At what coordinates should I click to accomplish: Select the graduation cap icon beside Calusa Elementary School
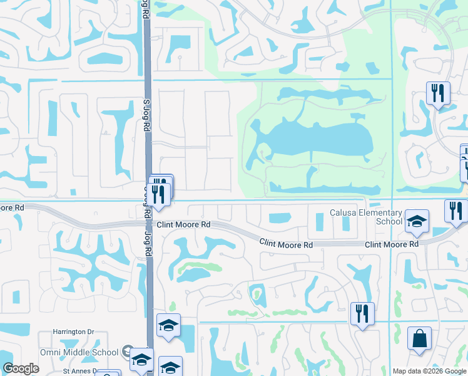417,221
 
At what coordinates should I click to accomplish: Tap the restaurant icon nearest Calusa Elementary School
456,211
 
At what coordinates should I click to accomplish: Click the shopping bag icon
419,339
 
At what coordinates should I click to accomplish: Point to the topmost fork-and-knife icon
438,93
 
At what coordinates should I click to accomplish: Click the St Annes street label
79,370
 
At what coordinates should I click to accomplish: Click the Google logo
21,368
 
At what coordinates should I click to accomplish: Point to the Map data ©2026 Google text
429,371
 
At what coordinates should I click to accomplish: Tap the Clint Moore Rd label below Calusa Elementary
391,244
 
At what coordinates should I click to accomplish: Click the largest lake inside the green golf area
313,141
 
